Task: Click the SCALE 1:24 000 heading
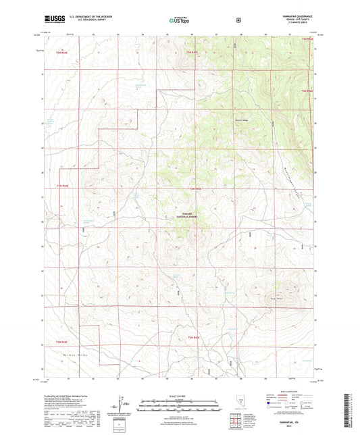coord(179,396)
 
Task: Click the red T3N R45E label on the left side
coord(61,185)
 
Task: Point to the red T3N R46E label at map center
coord(195,188)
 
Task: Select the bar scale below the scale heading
coord(179,406)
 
